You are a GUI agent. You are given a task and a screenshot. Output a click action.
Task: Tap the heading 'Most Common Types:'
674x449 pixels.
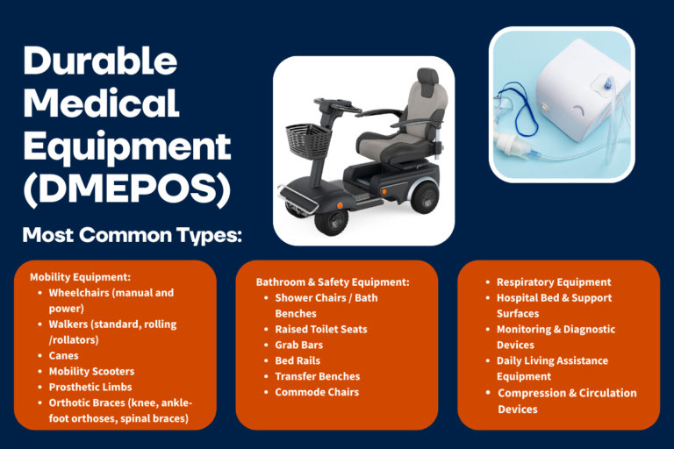[133, 235]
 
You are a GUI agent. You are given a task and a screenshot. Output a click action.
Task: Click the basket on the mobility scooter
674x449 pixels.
[308, 139]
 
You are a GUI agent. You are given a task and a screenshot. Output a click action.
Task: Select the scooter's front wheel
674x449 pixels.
[332, 222]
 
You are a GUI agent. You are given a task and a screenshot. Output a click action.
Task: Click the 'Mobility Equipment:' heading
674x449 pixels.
[81, 277]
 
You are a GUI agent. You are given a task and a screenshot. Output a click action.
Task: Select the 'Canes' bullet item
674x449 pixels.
[63, 356]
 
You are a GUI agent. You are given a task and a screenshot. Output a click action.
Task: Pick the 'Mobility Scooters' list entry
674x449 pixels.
[91, 371]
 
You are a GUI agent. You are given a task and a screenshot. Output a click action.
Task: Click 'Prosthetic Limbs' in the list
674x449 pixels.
[90, 387]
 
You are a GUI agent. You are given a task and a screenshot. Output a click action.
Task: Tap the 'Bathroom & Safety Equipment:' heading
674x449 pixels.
[333, 282]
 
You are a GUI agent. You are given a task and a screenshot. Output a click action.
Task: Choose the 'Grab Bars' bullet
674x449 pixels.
[298, 345]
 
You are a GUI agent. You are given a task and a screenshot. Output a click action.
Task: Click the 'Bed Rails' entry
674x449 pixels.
[298, 361]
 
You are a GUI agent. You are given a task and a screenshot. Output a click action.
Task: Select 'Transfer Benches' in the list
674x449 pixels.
[317, 376]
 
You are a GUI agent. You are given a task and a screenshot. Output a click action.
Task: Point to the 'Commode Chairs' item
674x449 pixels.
[317, 392]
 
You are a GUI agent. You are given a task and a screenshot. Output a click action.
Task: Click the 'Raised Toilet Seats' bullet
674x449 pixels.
[321, 330]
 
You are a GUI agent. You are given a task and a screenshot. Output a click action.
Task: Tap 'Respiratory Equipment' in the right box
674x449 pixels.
[554, 282]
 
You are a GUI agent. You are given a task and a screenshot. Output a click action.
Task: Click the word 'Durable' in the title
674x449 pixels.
[100, 61]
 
